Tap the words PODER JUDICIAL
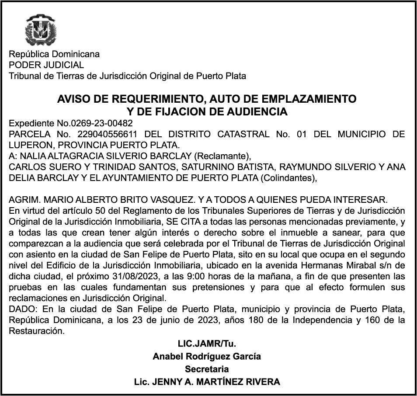(x=46, y=65)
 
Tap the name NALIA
(x=34, y=156)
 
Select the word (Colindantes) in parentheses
(x=288, y=178)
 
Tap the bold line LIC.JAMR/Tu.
(x=207, y=344)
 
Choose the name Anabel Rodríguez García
(x=207, y=356)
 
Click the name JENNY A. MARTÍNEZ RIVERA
(x=215, y=382)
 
